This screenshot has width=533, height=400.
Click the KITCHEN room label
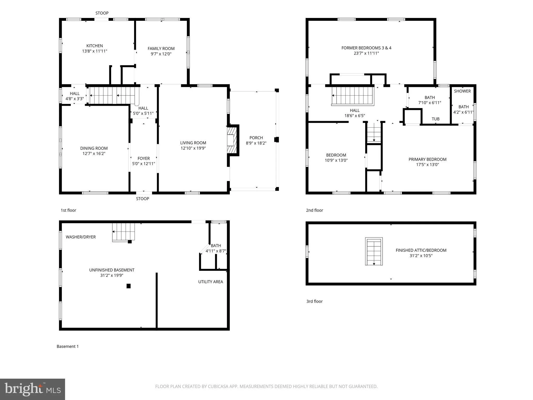[95, 46]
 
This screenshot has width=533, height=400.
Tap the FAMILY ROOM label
[161, 48]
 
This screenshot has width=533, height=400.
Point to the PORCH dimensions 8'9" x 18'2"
[256, 143]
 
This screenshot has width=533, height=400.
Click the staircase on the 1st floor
[114, 95]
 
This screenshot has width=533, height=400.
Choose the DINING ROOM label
[94, 148]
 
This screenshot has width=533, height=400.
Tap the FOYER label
[144, 158]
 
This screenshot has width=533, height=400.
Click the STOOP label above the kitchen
[102, 13]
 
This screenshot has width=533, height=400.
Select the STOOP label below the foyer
[143, 199]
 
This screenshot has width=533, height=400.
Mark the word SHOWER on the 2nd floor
[462, 91]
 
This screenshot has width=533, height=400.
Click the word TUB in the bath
[436, 119]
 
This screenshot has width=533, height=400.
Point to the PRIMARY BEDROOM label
[428, 159]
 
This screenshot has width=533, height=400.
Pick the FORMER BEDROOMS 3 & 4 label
[366, 48]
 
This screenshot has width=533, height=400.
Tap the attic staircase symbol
[374, 252]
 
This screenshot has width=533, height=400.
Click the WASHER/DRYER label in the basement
[81, 237]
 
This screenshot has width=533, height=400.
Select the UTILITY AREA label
[211, 282]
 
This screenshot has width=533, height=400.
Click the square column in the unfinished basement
[129, 286]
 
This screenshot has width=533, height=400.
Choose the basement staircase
[124, 232]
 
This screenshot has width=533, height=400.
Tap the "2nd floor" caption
[314, 210]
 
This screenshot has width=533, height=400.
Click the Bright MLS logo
[33, 389]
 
